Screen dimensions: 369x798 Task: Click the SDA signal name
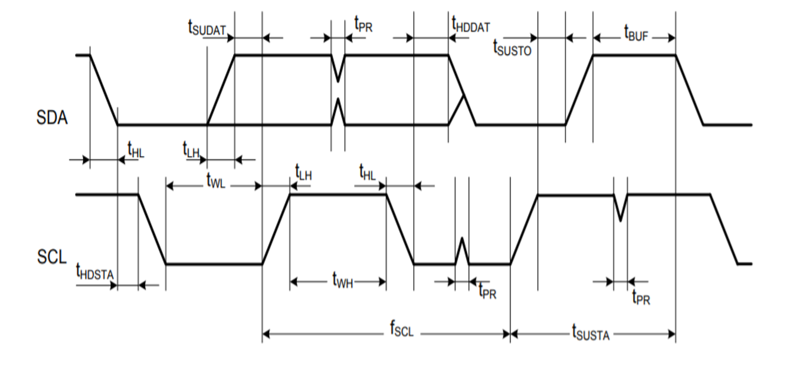click(x=52, y=118)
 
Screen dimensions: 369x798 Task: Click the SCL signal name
click(x=52, y=257)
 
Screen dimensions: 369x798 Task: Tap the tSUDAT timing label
click(x=207, y=28)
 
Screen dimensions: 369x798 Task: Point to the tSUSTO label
click(x=512, y=48)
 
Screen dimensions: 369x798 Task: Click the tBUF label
click(x=636, y=34)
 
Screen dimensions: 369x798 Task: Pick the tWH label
click(x=342, y=280)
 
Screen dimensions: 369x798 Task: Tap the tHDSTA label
click(x=95, y=272)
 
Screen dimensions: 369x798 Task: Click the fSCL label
click(x=402, y=329)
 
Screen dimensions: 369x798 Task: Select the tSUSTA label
click(x=590, y=333)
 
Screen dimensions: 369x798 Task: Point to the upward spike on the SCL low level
click(x=462, y=249)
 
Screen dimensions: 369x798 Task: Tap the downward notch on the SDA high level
click(x=338, y=69)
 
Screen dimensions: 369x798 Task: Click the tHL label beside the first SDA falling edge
click(x=136, y=150)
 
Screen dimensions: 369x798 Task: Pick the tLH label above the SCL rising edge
click(x=303, y=173)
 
